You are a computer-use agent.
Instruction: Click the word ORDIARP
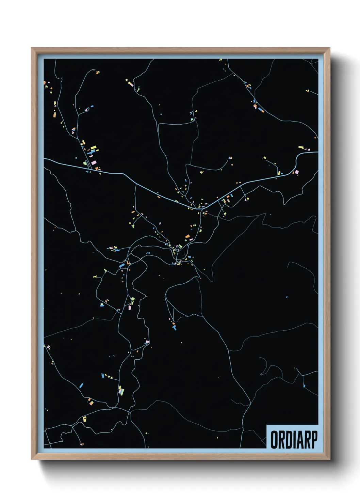pos(294,440)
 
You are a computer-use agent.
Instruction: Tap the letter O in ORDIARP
pos(274,440)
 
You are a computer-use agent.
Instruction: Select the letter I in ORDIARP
pos(293,440)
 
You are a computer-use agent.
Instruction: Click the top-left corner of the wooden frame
pos(32,48)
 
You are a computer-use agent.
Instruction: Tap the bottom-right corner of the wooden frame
pos(329,459)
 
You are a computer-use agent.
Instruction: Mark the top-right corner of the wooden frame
pos(329,48)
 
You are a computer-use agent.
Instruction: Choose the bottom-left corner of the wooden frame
pos(32,459)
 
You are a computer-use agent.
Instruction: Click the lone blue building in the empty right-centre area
pos(287,297)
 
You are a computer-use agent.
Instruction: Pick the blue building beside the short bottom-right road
pos(304,385)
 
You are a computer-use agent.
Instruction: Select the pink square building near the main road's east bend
pos(296,172)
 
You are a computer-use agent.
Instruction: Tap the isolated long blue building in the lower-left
pos(81,385)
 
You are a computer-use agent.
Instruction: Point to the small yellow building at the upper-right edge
pos(308,91)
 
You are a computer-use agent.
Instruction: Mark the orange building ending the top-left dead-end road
pos(98,72)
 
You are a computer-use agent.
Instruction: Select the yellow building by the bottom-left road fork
pos(84,419)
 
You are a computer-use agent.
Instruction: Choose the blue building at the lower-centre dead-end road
pos(175,328)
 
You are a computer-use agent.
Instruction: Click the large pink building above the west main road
pos(93,163)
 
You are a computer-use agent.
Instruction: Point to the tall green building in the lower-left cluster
pos(120,390)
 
